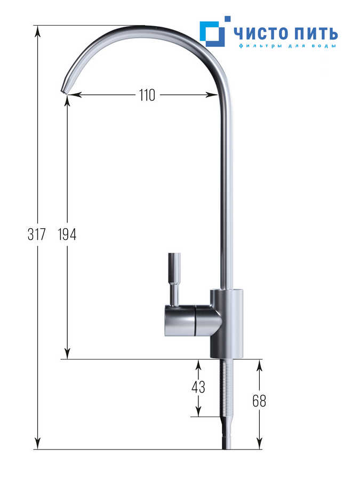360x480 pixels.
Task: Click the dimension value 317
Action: click(36, 235)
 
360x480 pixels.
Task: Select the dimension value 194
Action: click(67, 235)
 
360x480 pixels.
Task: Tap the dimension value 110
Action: click(147, 95)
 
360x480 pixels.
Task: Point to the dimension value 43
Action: click(198, 387)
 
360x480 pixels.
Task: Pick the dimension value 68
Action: click(259, 401)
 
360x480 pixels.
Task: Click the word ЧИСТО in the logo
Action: click(262, 33)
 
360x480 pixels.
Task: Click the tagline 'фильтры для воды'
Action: click(287, 46)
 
